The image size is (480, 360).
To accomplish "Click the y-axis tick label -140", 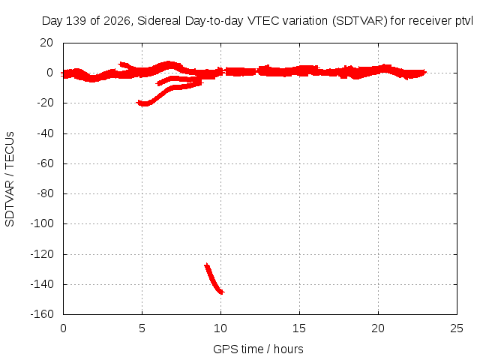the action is click(x=42, y=284).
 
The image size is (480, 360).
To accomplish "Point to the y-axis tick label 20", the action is click(x=46, y=43).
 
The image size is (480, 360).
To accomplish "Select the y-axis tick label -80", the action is click(x=45, y=193).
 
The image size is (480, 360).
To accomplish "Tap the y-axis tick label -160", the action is click(x=42, y=314).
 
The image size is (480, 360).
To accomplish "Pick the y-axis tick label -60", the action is click(x=45, y=163).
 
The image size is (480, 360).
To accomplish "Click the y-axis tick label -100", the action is click(x=42, y=223).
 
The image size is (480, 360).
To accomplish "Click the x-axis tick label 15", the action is click(x=299, y=328).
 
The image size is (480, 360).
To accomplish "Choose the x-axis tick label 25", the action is click(x=457, y=328).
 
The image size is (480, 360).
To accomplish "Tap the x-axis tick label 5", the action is click(x=142, y=328).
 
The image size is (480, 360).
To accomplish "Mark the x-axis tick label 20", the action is click(x=378, y=328).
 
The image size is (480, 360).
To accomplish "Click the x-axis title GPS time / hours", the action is click(x=258, y=349).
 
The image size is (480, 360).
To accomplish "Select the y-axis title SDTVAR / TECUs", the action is click(x=10, y=179).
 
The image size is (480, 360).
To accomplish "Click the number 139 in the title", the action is click(x=76, y=21).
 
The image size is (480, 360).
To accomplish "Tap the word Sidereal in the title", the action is click(x=160, y=21).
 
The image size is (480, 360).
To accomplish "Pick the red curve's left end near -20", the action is click(x=138, y=103).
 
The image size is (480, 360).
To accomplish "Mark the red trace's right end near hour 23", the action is click(x=425, y=73).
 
